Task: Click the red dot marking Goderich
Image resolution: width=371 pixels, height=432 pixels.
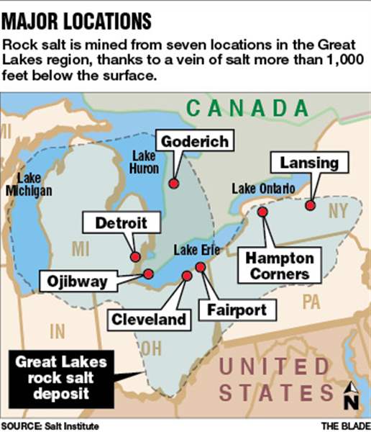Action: click(x=173, y=184)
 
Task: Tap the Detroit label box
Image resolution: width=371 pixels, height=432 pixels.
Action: click(x=116, y=223)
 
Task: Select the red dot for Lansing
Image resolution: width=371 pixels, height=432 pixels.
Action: click(x=310, y=205)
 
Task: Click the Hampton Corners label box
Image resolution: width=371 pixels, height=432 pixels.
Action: click(x=280, y=266)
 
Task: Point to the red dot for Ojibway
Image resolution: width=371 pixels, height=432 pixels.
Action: click(x=148, y=273)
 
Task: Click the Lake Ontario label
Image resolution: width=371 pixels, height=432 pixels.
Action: click(x=263, y=189)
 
